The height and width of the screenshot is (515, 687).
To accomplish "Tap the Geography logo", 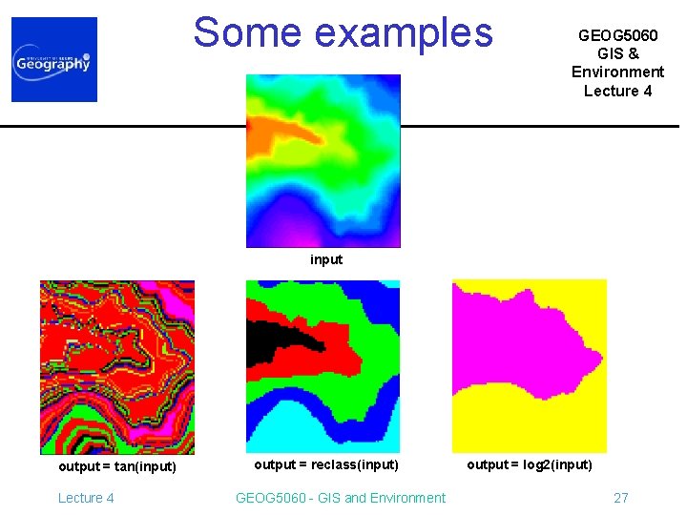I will tap(54, 60).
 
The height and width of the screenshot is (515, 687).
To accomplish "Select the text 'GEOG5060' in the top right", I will tap(617, 35).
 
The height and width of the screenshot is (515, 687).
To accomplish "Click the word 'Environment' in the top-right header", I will tap(617, 72).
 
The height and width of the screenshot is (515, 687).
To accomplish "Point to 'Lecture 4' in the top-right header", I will tap(617, 91).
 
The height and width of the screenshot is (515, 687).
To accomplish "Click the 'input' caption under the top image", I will tap(325, 259).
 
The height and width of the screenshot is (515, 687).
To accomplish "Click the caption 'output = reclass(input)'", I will tap(325, 464).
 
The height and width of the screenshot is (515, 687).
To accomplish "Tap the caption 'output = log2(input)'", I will tap(529, 464).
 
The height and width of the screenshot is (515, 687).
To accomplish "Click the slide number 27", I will tap(620, 498).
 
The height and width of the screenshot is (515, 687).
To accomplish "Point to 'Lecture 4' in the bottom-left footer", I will tap(86, 498).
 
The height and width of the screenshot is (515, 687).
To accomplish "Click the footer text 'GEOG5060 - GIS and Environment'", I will tap(341, 498).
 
